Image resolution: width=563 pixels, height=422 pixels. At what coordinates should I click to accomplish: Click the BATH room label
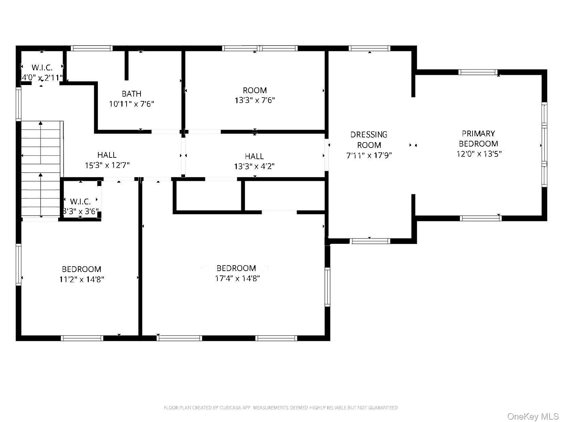point(131,94)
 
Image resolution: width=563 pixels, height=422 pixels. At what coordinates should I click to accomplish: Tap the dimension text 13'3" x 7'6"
point(254,101)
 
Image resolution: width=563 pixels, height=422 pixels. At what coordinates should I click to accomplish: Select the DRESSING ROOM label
point(369,140)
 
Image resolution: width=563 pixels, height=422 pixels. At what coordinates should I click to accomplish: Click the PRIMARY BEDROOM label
point(478,138)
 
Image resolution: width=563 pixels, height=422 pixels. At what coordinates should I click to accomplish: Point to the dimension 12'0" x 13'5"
point(479,154)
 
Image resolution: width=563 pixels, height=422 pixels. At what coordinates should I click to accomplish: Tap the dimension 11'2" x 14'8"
point(81,280)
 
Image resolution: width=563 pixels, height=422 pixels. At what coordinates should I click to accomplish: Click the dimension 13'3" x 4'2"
point(254,166)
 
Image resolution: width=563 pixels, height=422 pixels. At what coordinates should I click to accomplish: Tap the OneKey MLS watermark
point(533,416)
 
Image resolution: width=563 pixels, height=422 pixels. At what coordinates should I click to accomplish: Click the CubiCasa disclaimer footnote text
point(281,407)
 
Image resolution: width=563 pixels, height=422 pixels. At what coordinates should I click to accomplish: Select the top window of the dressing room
point(370,48)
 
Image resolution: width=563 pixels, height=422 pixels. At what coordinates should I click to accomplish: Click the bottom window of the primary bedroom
point(480,218)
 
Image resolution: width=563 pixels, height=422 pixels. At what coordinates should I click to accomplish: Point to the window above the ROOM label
point(260,48)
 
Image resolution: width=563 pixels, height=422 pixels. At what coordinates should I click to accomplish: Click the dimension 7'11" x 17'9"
point(369,156)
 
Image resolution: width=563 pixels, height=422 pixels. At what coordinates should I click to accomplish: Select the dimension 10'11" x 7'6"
point(131,104)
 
